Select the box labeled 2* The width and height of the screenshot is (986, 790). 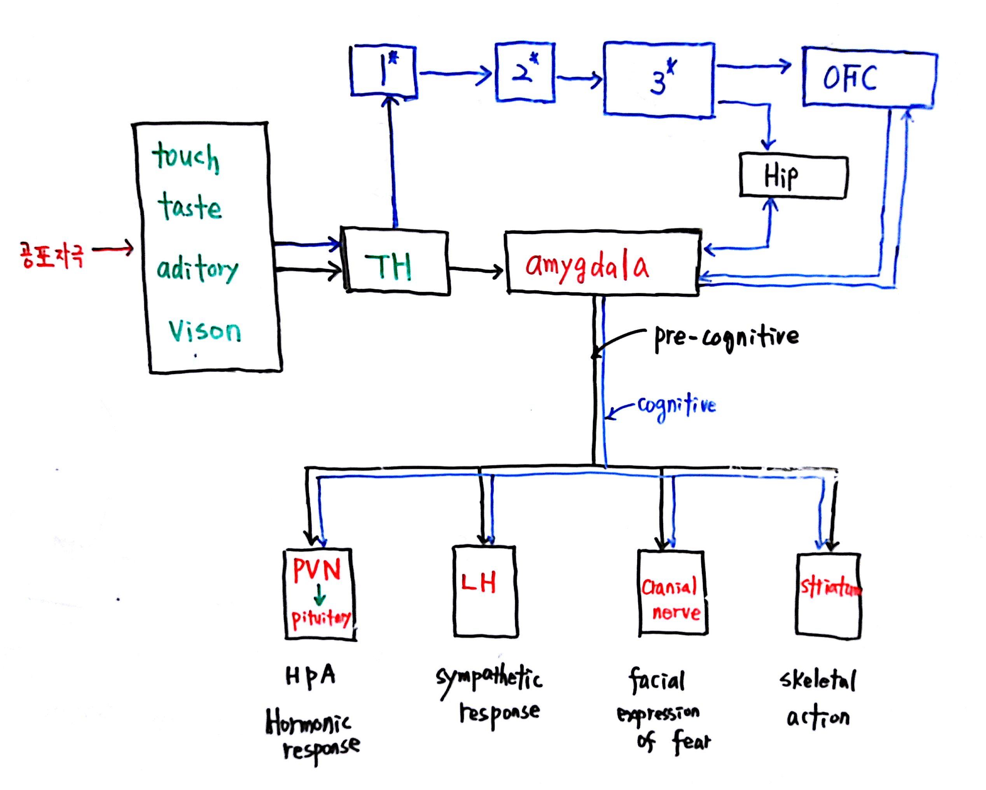524,72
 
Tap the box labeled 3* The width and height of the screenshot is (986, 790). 659,80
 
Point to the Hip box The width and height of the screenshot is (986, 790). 793,177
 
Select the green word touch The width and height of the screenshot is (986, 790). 186,157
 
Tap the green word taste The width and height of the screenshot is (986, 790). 189,207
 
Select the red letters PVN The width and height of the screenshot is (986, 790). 316,570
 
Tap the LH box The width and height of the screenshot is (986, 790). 485,591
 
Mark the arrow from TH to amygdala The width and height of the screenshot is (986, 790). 476,271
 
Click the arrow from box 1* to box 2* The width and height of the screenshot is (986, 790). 455,73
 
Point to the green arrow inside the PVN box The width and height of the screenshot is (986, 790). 320,596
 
